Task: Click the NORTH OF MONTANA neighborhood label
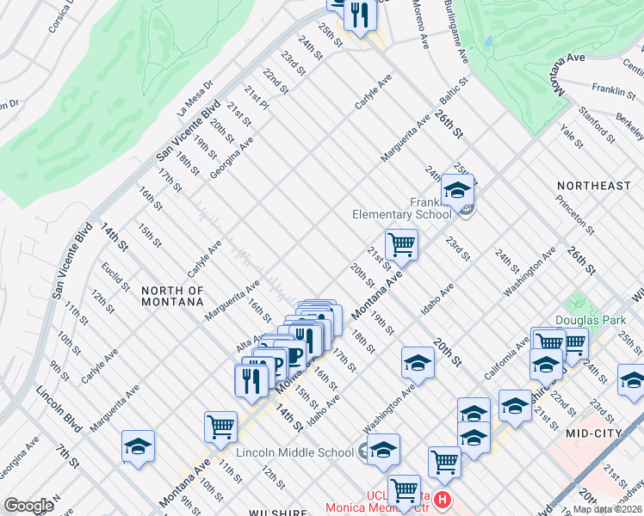[172, 296]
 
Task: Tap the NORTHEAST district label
[594, 186]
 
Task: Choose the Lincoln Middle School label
[294, 452]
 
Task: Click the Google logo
[28, 506]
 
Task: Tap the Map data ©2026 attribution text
[607, 509]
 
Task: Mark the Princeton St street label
[574, 213]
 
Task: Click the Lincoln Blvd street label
[54, 403]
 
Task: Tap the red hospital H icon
[443, 500]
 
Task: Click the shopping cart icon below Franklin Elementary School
[401, 243]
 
